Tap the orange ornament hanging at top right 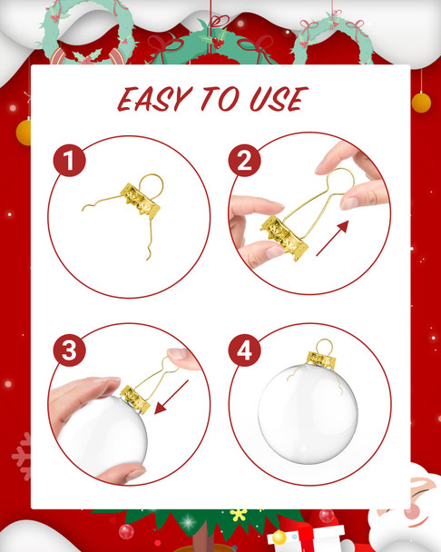click(x=421, y=102)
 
